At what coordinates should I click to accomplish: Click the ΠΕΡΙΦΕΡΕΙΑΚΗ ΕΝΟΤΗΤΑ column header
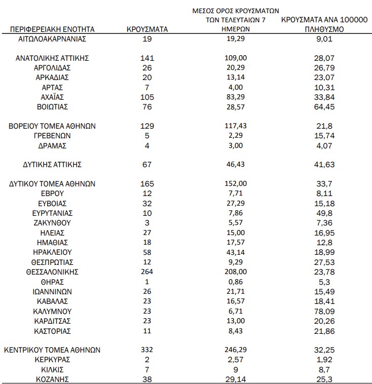coord(52,29)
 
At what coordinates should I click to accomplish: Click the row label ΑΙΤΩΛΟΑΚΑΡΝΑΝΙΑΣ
coord(52,39)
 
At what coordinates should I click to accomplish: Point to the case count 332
coord(146,350)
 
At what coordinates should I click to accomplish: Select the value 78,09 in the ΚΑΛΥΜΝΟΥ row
coord(324,311)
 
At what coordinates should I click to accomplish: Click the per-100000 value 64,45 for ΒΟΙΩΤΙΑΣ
coord(324,106)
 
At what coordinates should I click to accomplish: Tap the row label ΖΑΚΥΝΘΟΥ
coord(52,222)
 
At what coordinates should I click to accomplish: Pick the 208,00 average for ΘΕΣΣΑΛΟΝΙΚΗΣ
coord(237,272)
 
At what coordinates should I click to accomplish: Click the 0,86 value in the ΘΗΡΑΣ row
coord(237,282)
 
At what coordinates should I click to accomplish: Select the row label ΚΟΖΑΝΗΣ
coord(52,379)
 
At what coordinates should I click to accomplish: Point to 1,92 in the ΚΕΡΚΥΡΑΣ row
coord(324,359)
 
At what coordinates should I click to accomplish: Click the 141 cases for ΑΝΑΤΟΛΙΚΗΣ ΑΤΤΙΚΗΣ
coord(146,58)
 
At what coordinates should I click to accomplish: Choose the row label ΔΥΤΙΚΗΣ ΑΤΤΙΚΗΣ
coord(52,165)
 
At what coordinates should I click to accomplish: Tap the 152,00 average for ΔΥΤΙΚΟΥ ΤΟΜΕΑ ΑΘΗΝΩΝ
coord(237,184)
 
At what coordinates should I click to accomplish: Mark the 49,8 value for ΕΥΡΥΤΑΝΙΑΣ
coord(324,213)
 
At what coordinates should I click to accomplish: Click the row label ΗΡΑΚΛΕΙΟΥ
coord(52,252)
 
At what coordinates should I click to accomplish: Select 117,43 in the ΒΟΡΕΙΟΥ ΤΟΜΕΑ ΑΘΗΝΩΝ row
coord(237,126)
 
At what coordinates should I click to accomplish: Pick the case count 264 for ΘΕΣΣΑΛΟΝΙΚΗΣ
coord(146,272)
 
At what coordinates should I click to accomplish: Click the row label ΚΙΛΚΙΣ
coord(52,369)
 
